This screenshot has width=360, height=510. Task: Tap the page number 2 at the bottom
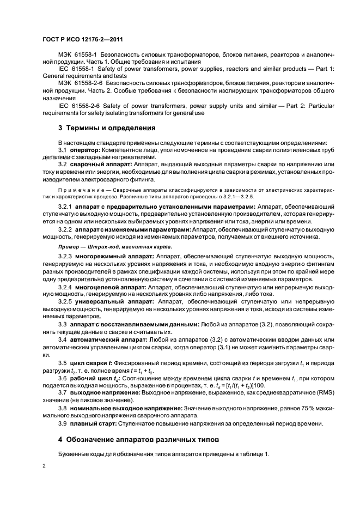[45, 466]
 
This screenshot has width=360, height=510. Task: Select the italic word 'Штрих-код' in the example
[103, 247]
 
